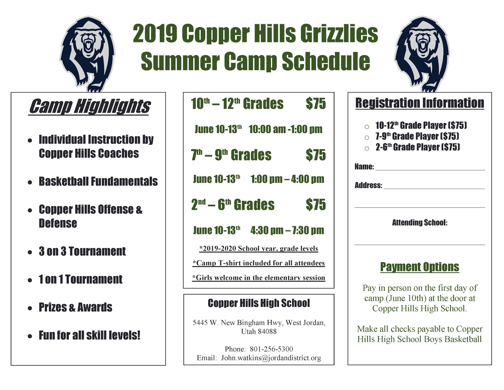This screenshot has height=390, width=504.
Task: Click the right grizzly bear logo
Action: click(x=422, y=54)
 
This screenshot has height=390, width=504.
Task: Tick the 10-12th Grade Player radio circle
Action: click(x=367, y=127)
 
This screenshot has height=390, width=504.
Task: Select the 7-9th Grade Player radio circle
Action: click(x=367, y=137)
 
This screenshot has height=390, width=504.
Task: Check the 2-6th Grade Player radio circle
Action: click(x=367, y=148)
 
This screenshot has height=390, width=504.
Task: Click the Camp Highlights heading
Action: click(x=89, y=106)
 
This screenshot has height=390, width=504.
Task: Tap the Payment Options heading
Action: click(x=419, y=267)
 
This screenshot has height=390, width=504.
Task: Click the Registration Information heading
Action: click(x=419, y=103)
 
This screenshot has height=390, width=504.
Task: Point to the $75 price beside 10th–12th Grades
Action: click(x=316, y=104)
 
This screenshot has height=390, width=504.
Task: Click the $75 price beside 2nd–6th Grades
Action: click(x=316, y=205)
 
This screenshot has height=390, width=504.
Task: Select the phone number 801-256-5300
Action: click(x=271, y=349)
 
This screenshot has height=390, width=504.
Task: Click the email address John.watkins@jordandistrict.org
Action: click(x=271, y=358)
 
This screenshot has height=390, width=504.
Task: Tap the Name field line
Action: click(x=430, y=167)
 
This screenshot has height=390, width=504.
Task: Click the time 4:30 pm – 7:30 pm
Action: click(x=287, y=230)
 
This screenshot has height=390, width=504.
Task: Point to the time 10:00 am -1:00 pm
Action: click(x=285, y=129)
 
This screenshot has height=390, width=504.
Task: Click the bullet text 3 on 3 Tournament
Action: click(x=82, y=251)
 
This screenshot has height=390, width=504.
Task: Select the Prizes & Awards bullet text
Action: click(x=75, y=307)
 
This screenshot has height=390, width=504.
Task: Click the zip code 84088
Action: click(x=267, y=331)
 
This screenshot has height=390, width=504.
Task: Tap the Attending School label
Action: click(x=419, y=223)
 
